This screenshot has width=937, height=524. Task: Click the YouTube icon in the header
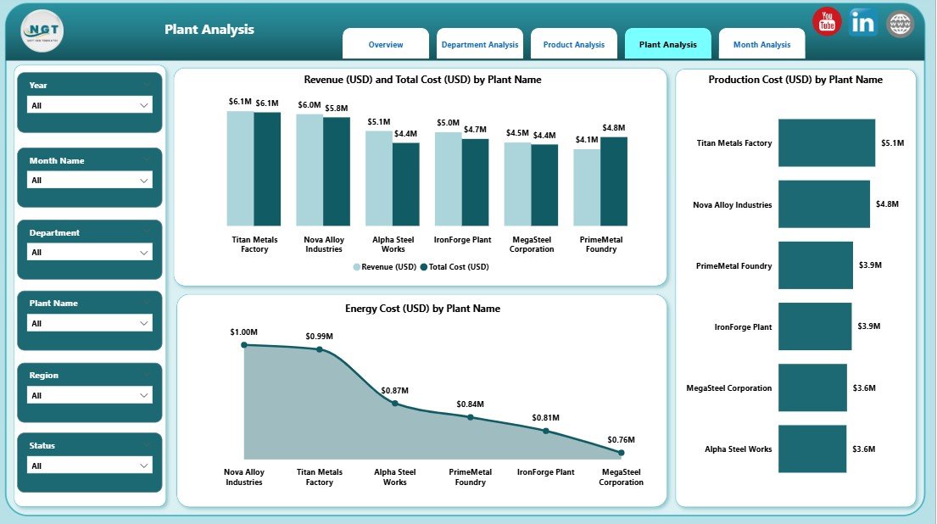(x=826, y=22)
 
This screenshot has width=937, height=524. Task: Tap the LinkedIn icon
(x=863, y=23)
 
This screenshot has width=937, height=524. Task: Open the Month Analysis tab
(x=761, y=45)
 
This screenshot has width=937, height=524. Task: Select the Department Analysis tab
(x=480, y=45)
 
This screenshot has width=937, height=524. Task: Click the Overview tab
(x=386, y=45)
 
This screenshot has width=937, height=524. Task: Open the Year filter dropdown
(x=90, y=105)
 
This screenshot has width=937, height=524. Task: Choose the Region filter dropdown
(x=90, y=395)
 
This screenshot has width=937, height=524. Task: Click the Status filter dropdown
(x=90, y=465)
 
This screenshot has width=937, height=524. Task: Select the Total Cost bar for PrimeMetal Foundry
(x=614, y=181)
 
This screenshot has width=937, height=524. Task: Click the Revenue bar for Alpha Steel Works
(x=378, y=177)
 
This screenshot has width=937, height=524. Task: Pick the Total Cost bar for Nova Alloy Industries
(x=337, y=170)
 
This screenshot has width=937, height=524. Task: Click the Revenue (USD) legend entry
(x=385, y=267)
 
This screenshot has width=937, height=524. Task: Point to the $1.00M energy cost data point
(x=244, y=344)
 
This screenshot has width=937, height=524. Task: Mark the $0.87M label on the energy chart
(x=394, y=390)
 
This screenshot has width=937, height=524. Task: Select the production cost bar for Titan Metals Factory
(x=826, y=142)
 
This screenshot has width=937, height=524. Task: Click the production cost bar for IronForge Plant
(x=814, y=326)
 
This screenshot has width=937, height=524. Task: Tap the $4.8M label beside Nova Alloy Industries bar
(x=888, y=204)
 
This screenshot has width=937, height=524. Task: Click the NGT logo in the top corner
(x=42, y=30)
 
